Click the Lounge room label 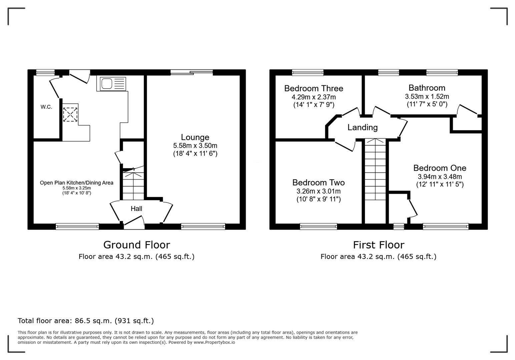(x=195, y=137)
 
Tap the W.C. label (x=46, y=107)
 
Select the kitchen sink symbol (x=111, y=83)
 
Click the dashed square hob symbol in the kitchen (x=70, y=114)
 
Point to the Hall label (x=136, y=209)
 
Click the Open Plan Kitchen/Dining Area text (x=76, y=183)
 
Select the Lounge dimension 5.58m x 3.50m (x=195, y=146)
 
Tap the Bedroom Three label (x=313, y=88)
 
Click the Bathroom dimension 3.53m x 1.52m (x=427, y=97)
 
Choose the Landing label (x=362, y=127)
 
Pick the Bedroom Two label (x=318, y=182)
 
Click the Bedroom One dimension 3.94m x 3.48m (x=440, y=177)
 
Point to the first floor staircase (x=375, y=170)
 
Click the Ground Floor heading (x=136, y=245)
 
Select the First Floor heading (x=378, y=245)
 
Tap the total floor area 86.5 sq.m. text (x=85, y=321)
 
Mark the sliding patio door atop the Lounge (x=191, y=72)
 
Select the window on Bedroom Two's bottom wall (x=318, y=227)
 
